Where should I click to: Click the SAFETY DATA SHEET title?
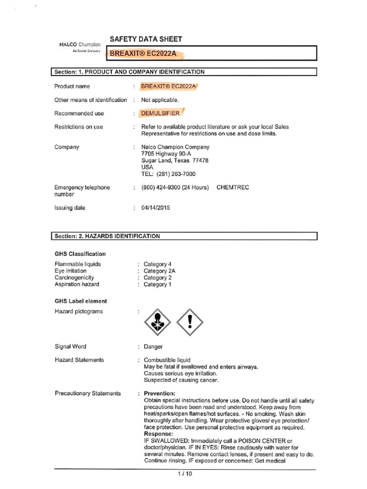(x=146, y=39)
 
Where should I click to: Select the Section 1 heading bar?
(x=184, y=72)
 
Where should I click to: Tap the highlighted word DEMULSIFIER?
(x=160, y=114)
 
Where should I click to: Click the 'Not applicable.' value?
(x=160, y=100)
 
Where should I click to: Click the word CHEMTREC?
(x=233, y=188)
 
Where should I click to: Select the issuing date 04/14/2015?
(x=155, y=208)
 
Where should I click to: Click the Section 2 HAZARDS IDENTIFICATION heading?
(x=184, y=236)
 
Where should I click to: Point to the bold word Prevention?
(x=160, y=393)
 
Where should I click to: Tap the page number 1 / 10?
(x=184, y=474)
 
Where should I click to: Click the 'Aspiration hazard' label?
(x=77, y=284)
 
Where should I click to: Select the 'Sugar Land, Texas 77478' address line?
(x=175, y=161)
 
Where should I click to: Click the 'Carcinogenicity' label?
(x=74, y=277)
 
